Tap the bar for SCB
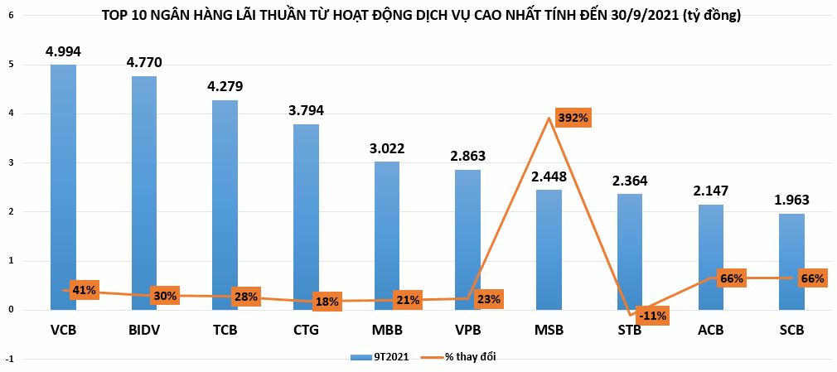click(x=791, y=261)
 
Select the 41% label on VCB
click(x=85, y=290)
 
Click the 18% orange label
click(x=327, y=302)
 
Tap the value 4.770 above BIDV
click(x=143, y=61)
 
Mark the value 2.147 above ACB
click(x=710, y=191)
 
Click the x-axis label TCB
click(x=225, y=330)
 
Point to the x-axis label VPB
click(x=467, y=330)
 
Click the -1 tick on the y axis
click(x=9, y=359)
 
